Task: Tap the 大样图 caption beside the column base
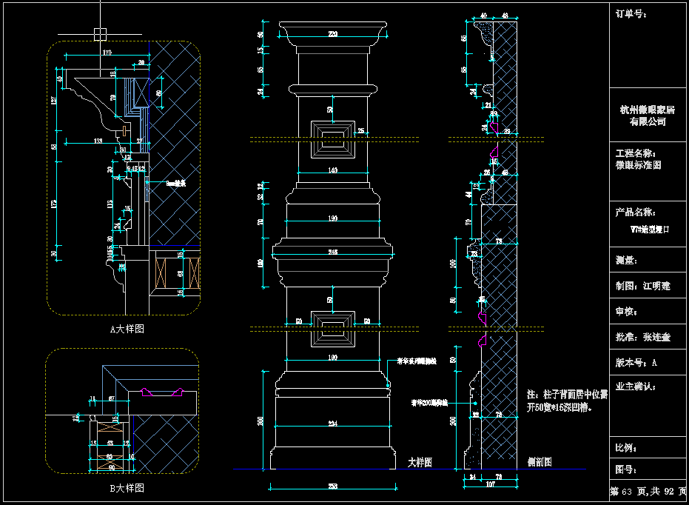[x=420, y=462]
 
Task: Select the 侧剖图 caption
[x=538, y=462]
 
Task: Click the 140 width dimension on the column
[x=332, y=171]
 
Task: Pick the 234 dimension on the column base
[x=332, y=423]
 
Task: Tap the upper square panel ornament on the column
[x=332, y=138]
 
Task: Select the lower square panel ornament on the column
[x=332, y=329]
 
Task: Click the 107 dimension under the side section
[x=489, y=486]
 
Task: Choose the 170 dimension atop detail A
[x=107, y=53]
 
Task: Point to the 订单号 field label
[x=631, y=13]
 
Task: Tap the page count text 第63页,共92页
[x=648, y=492]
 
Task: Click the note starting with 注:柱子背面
[x=566, y=401]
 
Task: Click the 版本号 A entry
[x=636, y=363]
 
